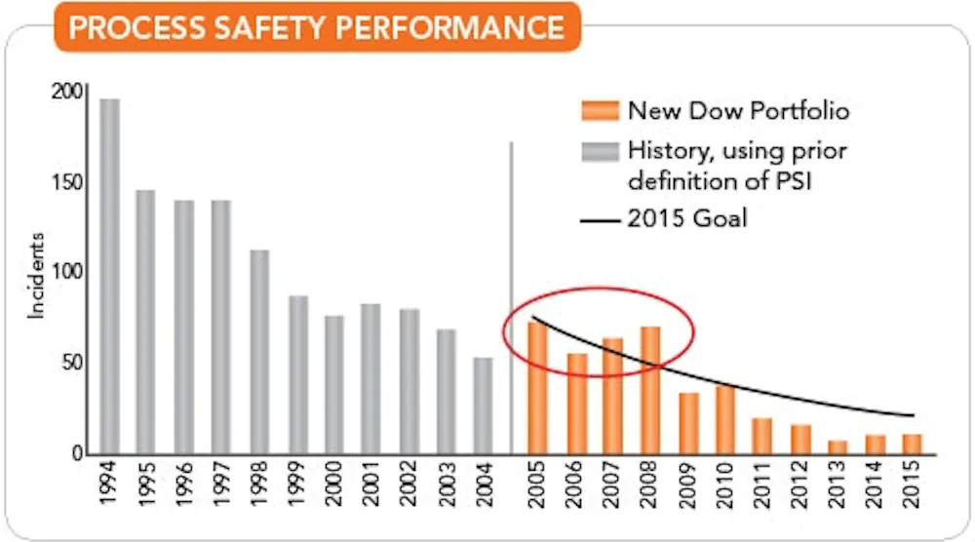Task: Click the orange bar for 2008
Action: tap(650, 390)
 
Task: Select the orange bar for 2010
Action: tap(725, 419)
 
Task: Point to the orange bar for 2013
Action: tap(838, 446)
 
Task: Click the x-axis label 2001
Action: tap(371, 493)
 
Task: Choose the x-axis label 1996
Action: tap(184, 493)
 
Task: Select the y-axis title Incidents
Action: tap(37, 275)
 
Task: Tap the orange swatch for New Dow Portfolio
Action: tap(599, 110)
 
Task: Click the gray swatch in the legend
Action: tap(599, 152)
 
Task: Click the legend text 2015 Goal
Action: tap(687, 218)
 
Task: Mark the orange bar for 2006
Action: tap(577, 403)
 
